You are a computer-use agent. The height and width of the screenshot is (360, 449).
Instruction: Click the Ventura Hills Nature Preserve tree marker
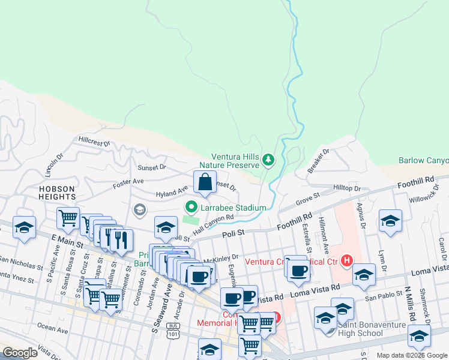click(x=268, y=160)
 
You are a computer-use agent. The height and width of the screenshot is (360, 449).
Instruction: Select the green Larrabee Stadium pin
click(x=192, y=208)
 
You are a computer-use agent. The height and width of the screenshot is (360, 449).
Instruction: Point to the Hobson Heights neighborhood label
click(x=57, y=193)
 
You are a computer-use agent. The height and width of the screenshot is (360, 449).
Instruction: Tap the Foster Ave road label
click(x=128, y=181)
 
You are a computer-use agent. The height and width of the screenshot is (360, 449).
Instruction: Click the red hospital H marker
click(x=346, y=261)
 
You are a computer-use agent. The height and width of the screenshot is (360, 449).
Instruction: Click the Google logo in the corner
click(x=20, y=353)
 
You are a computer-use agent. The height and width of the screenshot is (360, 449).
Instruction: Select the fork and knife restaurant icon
click(x=122, y=240)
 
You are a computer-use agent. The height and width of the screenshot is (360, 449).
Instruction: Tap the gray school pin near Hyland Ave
click(x=140, y=209)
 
